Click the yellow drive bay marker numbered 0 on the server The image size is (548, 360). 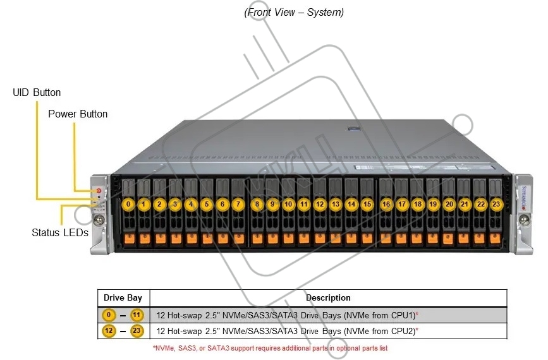tap(128, 204)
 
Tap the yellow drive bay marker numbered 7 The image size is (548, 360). tap(238, 204)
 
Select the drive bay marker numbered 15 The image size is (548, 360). tap(367, 204)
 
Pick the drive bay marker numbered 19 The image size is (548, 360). tap(433, 204)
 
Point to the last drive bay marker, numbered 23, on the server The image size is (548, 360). tap(496, 204)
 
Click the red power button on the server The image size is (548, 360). tap(99, 191)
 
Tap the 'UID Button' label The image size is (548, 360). tap(37, 93)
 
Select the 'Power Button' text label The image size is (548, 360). tap(78, 114)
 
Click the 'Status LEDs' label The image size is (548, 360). tap(60, 232)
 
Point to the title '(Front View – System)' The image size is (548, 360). tap(294, 12)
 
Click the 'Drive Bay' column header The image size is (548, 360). tap(123, 298)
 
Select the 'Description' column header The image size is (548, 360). tap(328, 298)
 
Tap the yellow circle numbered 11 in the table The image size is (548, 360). tap(137, 315)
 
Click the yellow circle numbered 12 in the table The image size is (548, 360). tap(109, 330)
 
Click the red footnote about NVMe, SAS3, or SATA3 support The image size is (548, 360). tap(270, 348)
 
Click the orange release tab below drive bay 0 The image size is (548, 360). tap(130, 239)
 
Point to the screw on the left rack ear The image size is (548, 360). tap(99, 220)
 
